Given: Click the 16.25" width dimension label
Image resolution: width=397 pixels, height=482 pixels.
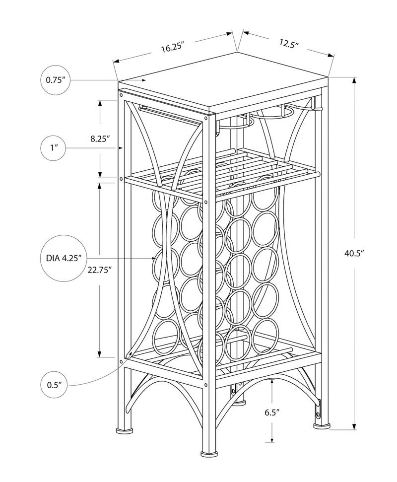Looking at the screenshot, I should (173, 48).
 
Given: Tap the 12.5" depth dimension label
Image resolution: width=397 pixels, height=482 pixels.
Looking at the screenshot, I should (288, 43).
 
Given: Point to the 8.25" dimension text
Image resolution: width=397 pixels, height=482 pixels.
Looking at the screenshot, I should (100, 139).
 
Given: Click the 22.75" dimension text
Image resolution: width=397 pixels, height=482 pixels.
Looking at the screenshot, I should (99, 270).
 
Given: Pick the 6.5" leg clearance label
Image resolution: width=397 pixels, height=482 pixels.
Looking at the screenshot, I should (272, 412).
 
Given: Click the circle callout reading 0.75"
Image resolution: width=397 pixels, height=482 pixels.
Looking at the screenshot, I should (56, 79).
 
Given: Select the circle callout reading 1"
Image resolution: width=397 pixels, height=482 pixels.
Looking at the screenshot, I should (53, 148).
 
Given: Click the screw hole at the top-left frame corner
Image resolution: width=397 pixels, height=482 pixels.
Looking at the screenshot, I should (122, 93).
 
